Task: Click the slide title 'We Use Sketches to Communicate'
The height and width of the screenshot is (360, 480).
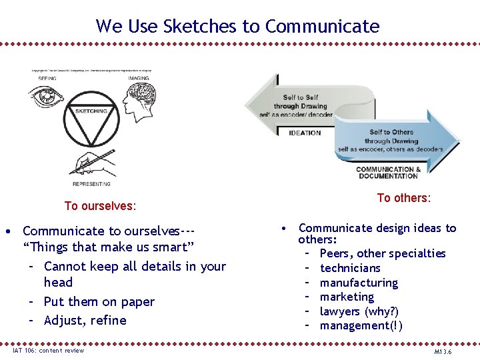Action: pos(237,26)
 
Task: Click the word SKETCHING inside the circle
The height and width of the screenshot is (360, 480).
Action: pos(91,111)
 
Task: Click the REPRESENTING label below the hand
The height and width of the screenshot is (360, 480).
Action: pos(91,183)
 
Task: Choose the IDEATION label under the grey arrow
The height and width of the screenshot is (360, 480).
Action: pos(304,133)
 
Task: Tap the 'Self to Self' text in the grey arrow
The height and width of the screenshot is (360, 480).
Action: pos(301,97)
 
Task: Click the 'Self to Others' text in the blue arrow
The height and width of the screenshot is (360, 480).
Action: pos(391,132)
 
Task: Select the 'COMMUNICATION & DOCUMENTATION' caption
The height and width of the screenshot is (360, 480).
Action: pos(388,173)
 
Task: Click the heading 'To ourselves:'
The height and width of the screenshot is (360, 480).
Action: pos(99,206)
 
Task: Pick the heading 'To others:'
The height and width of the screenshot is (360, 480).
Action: pos(403,198)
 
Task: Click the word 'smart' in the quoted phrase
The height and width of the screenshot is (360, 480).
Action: pos(171,248)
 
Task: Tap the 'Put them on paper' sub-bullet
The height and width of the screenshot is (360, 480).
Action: pos(99,301)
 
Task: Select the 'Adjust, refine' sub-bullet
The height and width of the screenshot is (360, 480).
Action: pos(85,320)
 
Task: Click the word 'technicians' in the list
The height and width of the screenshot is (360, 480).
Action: pos(350,268)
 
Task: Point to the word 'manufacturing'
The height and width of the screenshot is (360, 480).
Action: pos(359,283)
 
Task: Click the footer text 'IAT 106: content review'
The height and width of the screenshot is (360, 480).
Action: pos(48,351)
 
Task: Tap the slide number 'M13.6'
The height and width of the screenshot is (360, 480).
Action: pos(442,351)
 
